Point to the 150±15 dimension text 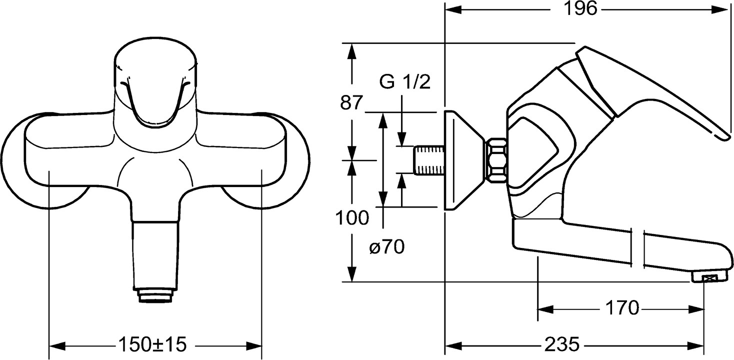pos(151,344)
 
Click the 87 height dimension pos(351,103)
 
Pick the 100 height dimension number pos(352,218)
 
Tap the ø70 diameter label pos(387,247)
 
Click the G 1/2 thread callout pos(404,82)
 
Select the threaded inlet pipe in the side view pos(429,160)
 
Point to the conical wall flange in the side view pos(462,160)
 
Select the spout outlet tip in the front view pos(155,295)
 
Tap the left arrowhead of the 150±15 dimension pos(55,345)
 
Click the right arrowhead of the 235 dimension pos(700,345)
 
